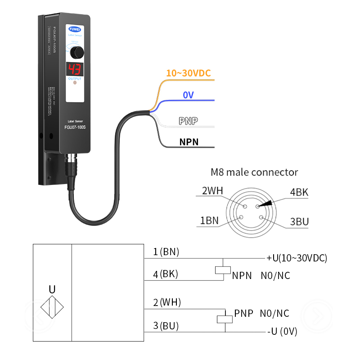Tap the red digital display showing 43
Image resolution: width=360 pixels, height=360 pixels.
point(75,69)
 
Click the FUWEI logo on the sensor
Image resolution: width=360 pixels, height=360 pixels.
point(75,27)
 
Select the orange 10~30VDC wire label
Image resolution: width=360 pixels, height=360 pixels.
point(188,73)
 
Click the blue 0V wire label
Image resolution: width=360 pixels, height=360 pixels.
point(189,95)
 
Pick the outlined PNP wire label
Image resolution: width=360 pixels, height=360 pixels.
point(189,121)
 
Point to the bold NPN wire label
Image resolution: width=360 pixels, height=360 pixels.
point(189,142)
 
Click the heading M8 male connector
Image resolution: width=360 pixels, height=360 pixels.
point(254,172)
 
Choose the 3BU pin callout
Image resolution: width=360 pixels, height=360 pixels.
point(299,221)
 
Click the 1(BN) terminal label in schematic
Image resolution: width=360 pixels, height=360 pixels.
point(166,252)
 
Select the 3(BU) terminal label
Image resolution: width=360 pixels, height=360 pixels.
point(166,325)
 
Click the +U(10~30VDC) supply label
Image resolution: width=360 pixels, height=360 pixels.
point(297,258)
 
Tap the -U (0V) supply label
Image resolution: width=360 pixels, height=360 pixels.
point(282,332)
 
